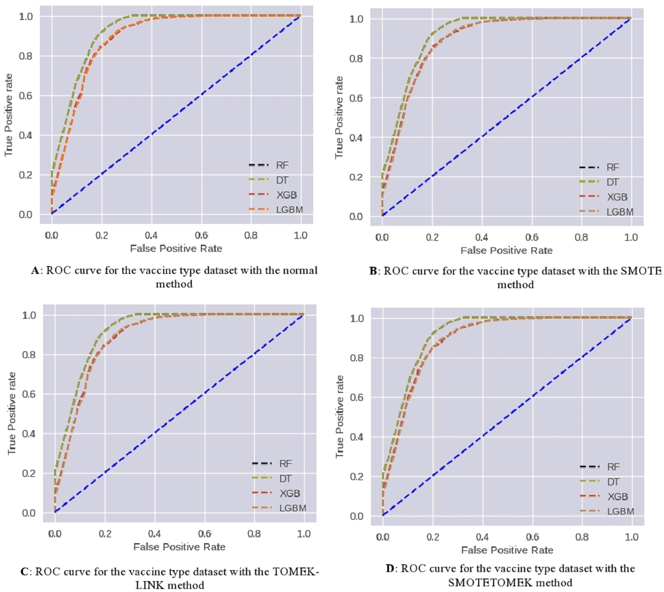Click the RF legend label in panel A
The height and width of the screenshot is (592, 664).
(x=282, y=165)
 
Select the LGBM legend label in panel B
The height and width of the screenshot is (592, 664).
(x=620, y=212)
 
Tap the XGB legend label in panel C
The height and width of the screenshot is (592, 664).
(x=290, y=493)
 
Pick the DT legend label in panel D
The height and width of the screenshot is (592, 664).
(x=613, y=482)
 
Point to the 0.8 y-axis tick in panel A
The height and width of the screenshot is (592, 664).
(x=26, y=56)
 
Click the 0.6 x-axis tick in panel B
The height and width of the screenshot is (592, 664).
(x=531, y=237)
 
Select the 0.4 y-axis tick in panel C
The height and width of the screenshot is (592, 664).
(x=29, y=434)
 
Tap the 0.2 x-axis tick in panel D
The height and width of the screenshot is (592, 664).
(x=433, y=537)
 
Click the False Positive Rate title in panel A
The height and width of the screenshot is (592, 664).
(x=176, y=249)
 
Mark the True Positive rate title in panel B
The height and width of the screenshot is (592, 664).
(x=339, y=117)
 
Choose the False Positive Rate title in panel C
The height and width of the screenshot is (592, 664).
(x=179, y=547)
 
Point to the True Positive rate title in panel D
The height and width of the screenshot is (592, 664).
(x=340, y=416)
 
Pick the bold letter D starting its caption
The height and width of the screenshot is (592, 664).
(x=390, y=569)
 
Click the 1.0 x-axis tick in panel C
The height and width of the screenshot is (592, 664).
(x=304, y=534)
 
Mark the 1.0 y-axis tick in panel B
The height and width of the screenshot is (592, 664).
(x=356, y=19)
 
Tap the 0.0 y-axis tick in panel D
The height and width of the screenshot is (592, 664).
(x=357, y=516)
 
